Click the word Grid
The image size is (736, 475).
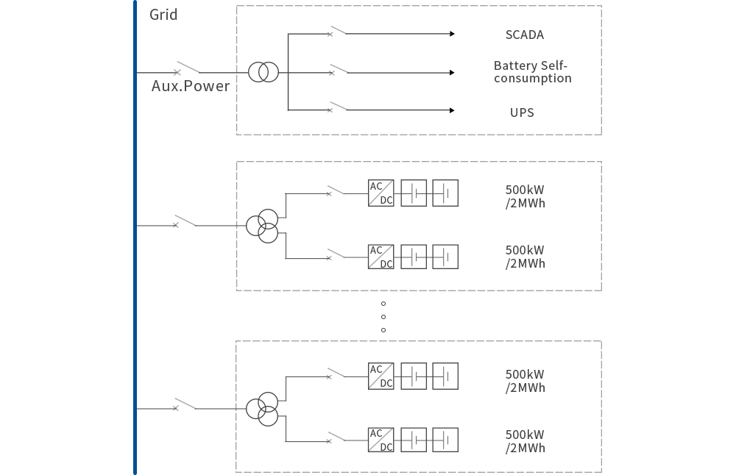click(x=163, y=14)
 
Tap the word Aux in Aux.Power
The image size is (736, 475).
click(x=165, y=86)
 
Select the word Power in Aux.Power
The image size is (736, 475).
click(x=207, y=86)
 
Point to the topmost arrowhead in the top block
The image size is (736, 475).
click(x=452, y=34)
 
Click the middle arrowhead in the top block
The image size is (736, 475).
click(x=452, y=73)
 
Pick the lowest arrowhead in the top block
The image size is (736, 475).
click(x=452, y=110)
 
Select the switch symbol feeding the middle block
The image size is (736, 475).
click(x=185, y=221)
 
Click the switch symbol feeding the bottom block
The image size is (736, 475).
click(x=185, y=404)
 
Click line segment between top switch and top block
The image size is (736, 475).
click(x=219, y=73)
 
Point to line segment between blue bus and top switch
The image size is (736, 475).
click(x=155, y=73)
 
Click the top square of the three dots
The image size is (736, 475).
click(x=383, y=304)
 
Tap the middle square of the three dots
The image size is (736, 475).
click(x=383, y=317)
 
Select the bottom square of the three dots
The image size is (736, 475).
click(x=383, y=330)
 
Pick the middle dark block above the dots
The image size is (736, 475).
click(x=418, y=226)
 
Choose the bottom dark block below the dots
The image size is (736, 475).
click(x=418, y=406)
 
